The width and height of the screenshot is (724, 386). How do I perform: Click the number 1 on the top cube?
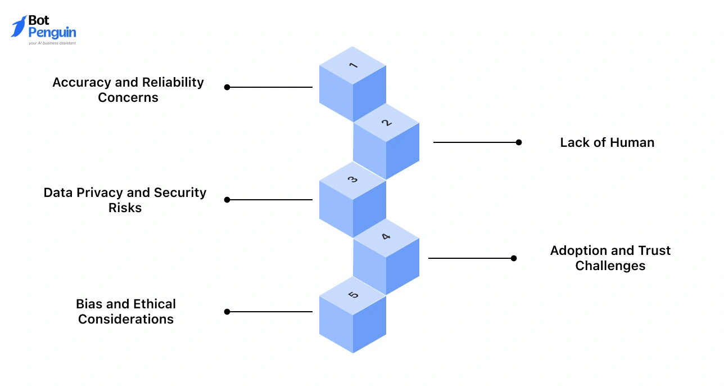click(x=353, y=65)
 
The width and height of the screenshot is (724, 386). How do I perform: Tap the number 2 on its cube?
click(x=386, y=123)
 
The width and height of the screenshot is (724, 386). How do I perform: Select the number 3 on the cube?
click(x=353, y=180)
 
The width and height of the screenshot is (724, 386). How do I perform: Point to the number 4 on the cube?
click(x=386, y=237)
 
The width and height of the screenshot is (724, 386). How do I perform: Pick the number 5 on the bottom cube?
click(x=353, y=295)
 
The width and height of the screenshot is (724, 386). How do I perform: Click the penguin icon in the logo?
click(x=19, y=26)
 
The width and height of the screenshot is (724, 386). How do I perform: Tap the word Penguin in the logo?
click(x=52, y=33)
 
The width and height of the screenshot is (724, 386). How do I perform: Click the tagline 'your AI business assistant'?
click(x=52, y=43)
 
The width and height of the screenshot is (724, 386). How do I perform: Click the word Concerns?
click(x=128, y=97)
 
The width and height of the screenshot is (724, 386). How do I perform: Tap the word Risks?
click(x=125, y=208)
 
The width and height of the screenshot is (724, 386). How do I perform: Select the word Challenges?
click(x=610, y=266)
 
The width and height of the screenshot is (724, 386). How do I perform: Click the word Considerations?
click(x=126, y=319)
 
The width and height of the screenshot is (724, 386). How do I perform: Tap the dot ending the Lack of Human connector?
click(x=519, y=142)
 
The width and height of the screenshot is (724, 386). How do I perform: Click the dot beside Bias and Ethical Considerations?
click(x=227, y=312)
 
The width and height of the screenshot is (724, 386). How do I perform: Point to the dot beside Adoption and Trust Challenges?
click(x=514, y=258)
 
